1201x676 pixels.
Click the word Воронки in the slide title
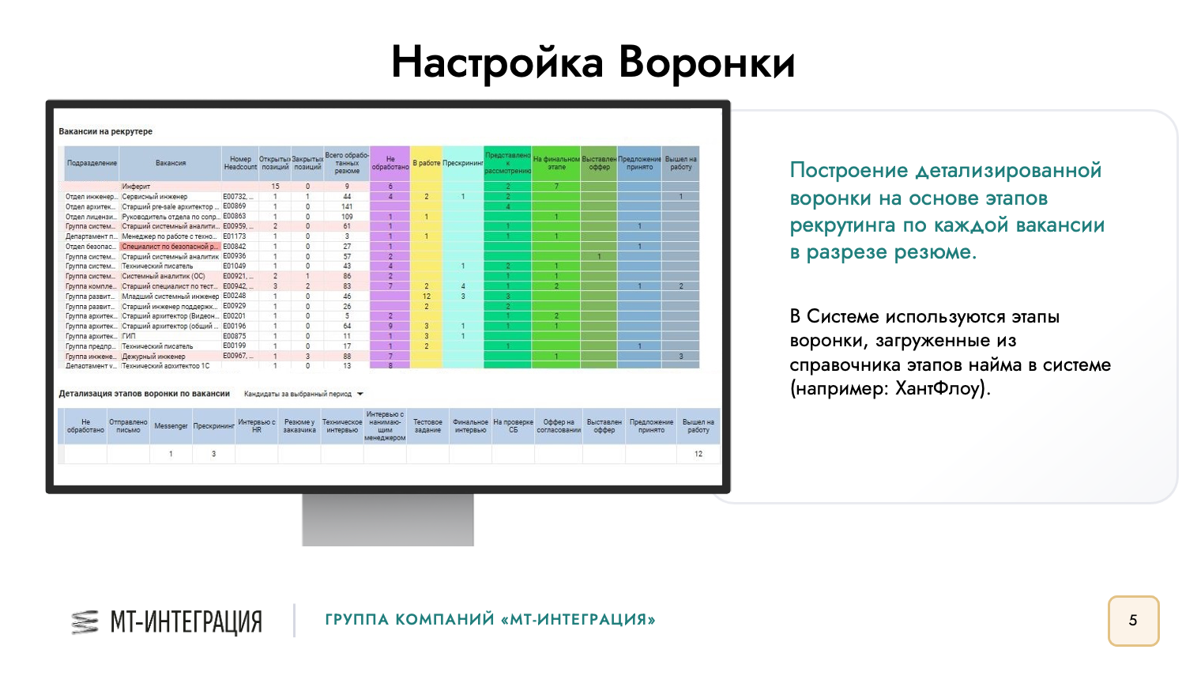point(706,63)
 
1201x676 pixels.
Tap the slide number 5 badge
point(1133,621)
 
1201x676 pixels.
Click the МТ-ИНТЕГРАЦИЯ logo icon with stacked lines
point(85,622)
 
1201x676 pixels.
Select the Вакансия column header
point(170,164)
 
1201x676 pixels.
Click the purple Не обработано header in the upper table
point(390,164)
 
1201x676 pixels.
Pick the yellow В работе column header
point(427,164)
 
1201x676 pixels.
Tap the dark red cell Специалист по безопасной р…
point(170,247)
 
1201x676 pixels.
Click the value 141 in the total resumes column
point(347,206)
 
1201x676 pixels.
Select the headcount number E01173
point(235,236)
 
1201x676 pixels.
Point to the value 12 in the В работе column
point(427,296)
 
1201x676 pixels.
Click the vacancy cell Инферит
point(136,187)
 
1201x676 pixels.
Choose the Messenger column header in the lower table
point(171,426)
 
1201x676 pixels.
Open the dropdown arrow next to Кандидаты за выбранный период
point(360,394)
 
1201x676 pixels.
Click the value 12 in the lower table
point(698,454)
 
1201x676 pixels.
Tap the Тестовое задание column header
point(427,426)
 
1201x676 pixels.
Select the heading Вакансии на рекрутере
point(106,131)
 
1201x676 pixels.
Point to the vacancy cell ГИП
point(129,336)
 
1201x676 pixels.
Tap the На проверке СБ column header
point(513,426)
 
